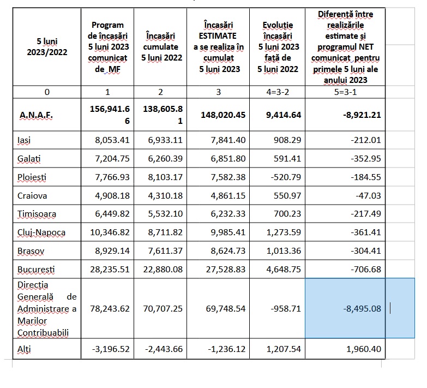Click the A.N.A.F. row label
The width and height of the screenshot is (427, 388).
[35, 115]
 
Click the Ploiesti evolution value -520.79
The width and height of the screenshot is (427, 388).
[284, 177]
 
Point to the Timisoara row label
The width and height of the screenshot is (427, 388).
[36, 214]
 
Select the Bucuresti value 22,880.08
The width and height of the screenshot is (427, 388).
[161, 269]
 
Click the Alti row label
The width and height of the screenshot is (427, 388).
[23, 349]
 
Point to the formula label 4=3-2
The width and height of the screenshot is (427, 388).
[281, 92]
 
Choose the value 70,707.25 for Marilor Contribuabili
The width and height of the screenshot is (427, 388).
[161, 308]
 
